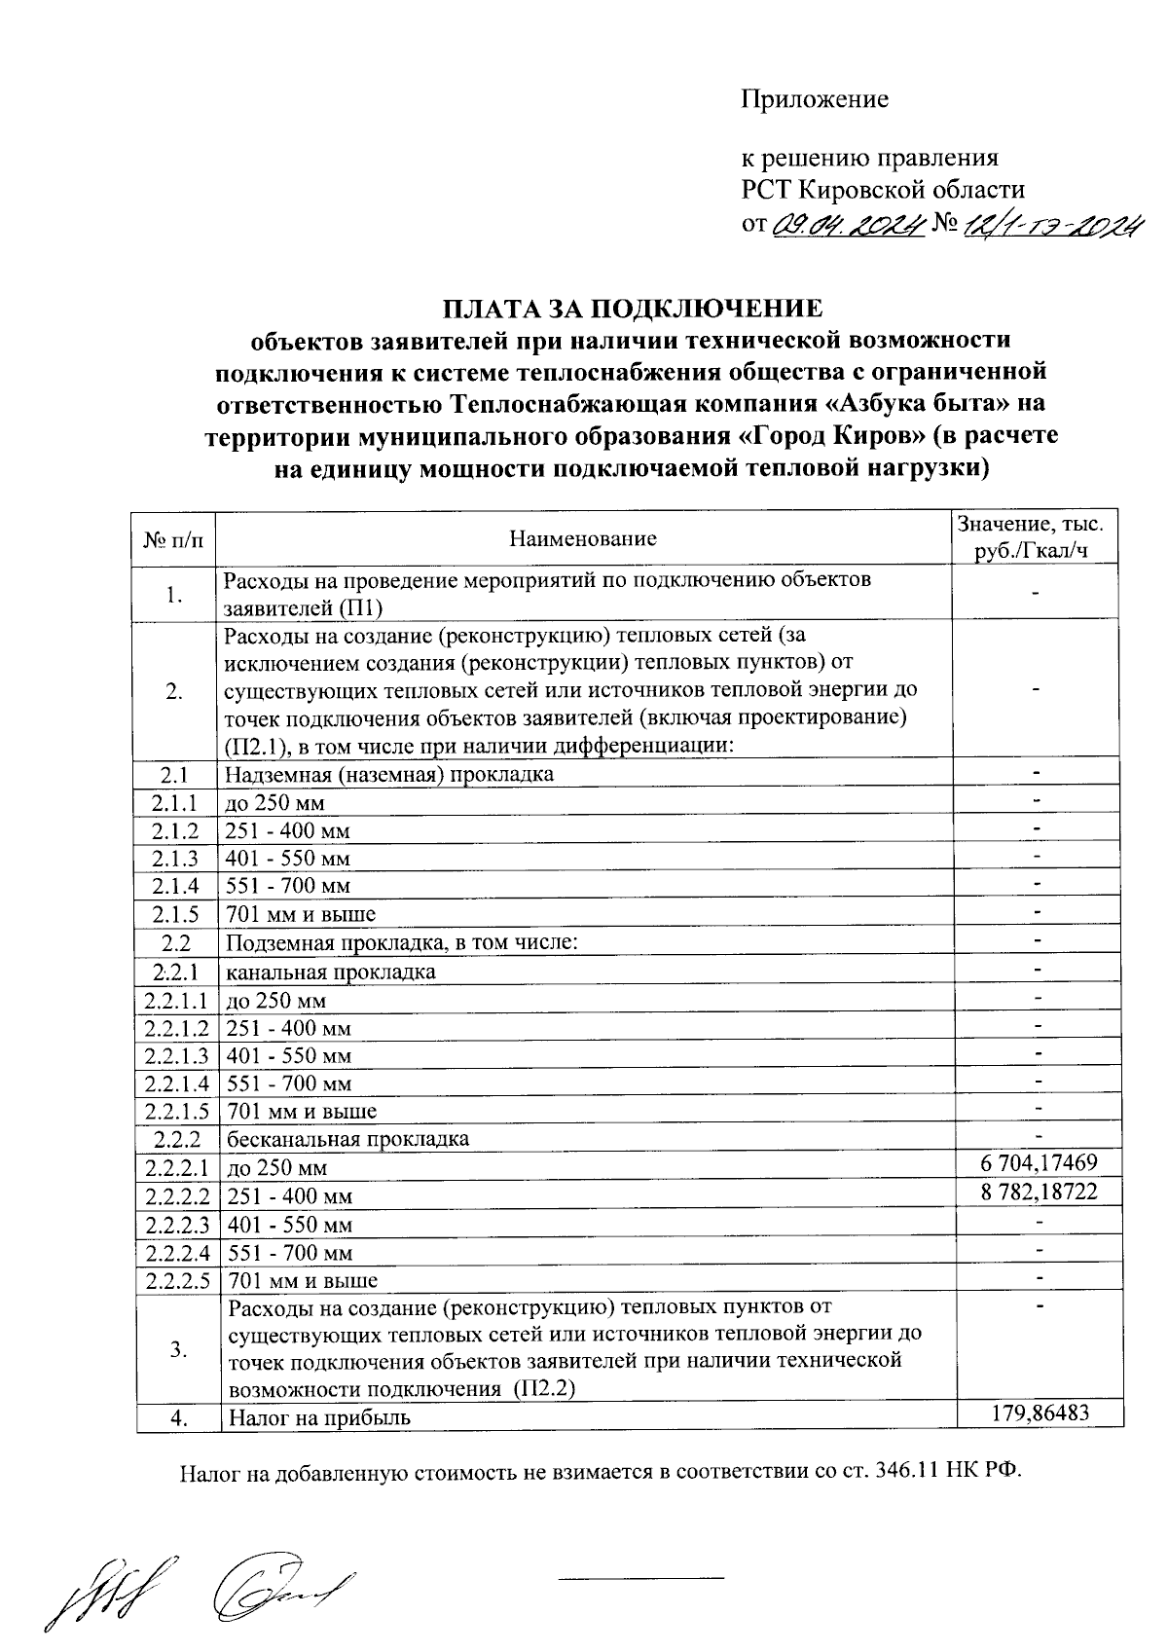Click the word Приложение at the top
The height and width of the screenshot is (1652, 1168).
(x=815, y=99)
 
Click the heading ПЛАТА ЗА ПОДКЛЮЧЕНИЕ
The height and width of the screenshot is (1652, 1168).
(x=633, y=309)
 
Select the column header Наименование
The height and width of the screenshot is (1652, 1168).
(x=583, y=538)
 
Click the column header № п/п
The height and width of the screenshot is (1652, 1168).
(x=175, y=538)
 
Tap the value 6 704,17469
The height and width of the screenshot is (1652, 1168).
(x=1040, y=1162)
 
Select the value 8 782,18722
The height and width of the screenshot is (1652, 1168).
(x=1040, y=1191)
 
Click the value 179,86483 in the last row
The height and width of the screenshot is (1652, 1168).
(x=1040, y=1413)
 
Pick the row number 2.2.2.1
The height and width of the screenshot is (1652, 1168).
(x=177, y=1167)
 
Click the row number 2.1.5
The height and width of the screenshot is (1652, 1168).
(x=175, y=914)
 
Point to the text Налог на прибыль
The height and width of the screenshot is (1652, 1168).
(x=319, y=1417)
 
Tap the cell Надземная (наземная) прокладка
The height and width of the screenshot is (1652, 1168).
(x=389, y=775)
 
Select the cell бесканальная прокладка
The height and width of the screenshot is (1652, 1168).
(x=347, y=1139)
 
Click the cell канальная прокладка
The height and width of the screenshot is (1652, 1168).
(x=331, y=972)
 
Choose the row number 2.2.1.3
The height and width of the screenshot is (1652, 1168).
(x=177, y=1056)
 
